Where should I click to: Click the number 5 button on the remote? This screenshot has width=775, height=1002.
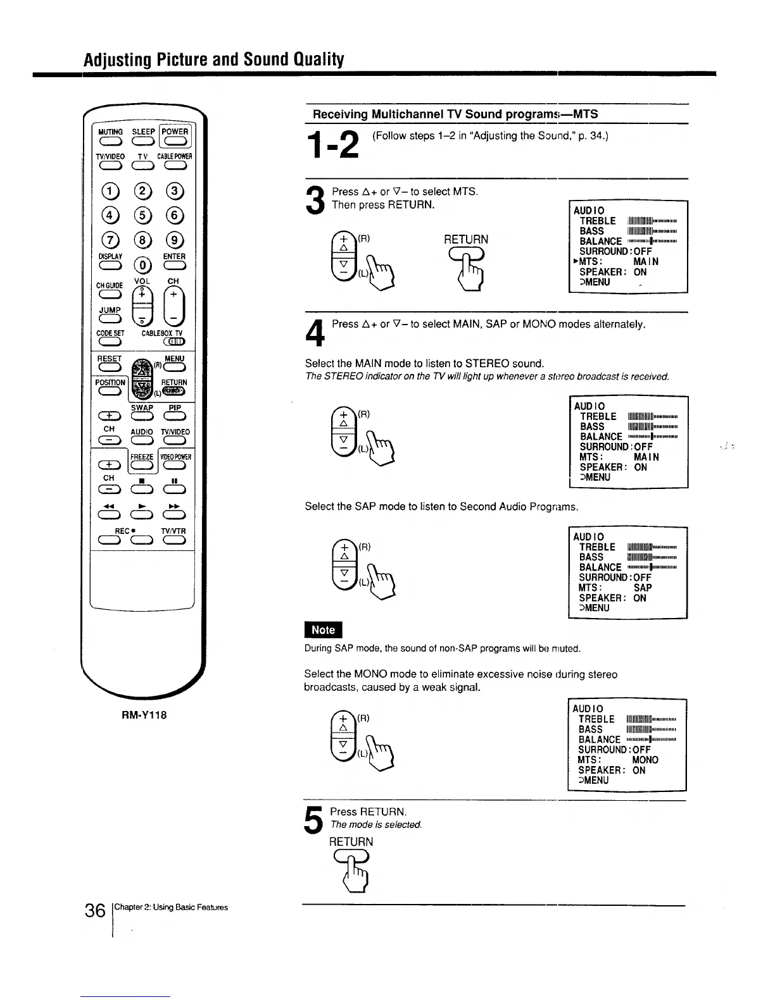click(143, 216)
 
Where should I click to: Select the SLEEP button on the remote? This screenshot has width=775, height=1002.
click(143, 141)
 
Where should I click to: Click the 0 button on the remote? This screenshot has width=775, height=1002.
click(143, 264)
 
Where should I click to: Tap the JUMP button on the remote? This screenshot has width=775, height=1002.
click(109, 318)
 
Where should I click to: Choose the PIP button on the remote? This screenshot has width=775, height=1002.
click(174, 416)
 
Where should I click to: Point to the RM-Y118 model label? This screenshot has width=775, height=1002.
click(144, 715)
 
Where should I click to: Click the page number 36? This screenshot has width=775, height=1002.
click(95, 911)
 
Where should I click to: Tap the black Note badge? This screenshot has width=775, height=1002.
click(323, 630)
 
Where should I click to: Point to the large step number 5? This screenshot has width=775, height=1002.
click(315, 820)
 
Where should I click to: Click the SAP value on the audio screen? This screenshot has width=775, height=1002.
click(643, 588)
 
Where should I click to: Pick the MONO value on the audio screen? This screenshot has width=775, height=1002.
click(645, 760)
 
